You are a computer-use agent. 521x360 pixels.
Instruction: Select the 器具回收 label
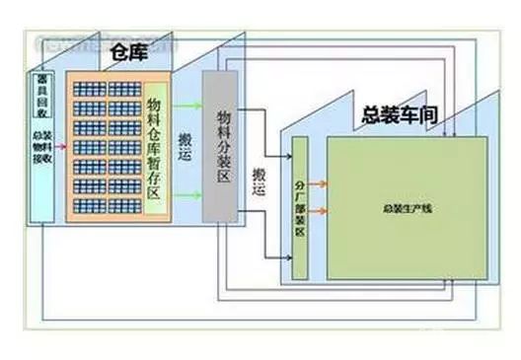coord(42,90)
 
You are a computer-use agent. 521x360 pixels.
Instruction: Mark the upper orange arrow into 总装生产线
coord(318,183)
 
